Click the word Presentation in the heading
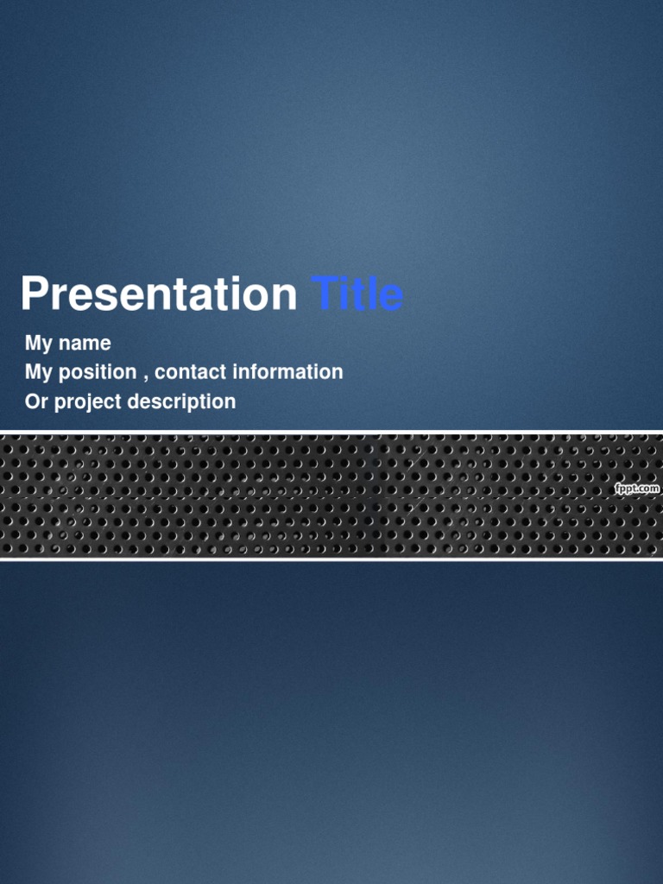pyautogui.click(x=159, y=294)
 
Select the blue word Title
pyautogui.click(x=357, y=294)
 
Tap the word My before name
pyautogui.click(x=39, y=344)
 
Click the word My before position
pyautogui.click(x=39, y=373)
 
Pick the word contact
pyautogui.click(x=190, y=372)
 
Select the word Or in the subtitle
pyautogui.click(x=36, y=401)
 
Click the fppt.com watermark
pyautogui.click(x=637, y=489)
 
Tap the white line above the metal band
pyautogui.click(x=331, y=432)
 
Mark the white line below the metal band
pyautogui.click(x=331, y=559)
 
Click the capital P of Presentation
pyautogui.click(x=34, y=294)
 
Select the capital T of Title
pyautogui.click(x=323, y=294)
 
